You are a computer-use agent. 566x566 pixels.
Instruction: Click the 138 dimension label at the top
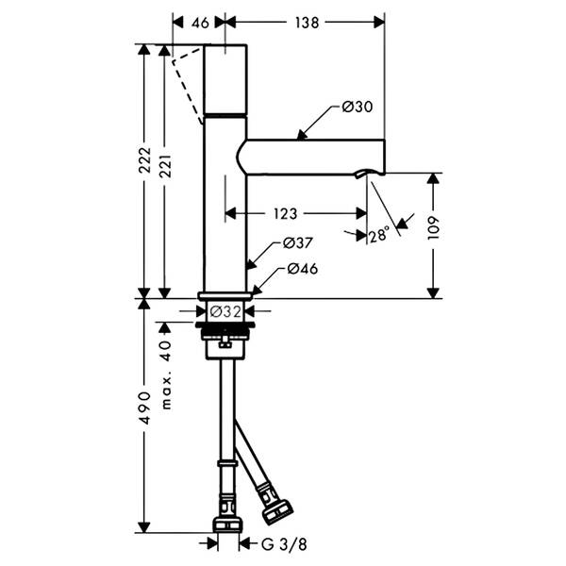[x=307, y=23]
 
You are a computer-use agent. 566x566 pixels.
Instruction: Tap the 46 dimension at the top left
[x=200, y=23]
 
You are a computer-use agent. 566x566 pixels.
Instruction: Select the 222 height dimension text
[x=145, y=160]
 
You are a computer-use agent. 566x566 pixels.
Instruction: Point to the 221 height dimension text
[x=165, y=166]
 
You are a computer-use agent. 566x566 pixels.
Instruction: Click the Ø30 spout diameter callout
[x=358, y=107]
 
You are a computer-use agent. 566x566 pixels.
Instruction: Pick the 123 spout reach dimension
[x=285, y=214]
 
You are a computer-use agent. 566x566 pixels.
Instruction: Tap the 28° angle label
[x=379, y=235]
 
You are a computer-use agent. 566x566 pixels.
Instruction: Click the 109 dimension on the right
[x=433, y=227]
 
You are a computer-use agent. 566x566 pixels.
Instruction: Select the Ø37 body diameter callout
[x=298, y=243]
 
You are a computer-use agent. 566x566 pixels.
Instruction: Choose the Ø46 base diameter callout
[x=303, y=269]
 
